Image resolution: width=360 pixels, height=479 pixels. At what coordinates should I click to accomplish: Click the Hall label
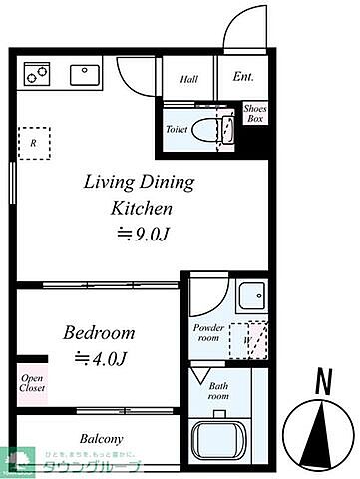pyautogui.click(x=189, y=79)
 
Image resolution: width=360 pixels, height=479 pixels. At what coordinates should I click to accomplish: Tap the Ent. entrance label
pyautogui.click(x=242, y=77)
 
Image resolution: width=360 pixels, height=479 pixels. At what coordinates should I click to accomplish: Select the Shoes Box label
pyautogui.click(x=255, y=114)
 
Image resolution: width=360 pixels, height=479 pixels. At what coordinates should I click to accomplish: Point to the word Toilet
pyautogui.click(x=178, y=129)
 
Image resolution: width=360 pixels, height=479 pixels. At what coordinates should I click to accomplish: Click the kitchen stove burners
pyautogui.click(x=38, y=73)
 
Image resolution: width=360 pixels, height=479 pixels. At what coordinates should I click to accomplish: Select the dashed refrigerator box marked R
pyautogui.click(x=35, y=142)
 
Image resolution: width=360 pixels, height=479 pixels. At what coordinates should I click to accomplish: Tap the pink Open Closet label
pyautogui.click(x=31, y=383)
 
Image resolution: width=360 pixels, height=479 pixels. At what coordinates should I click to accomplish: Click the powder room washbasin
pyautogui.click(x=250, y=298)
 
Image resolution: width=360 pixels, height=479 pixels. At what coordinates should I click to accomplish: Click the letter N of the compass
pyautogui.click(x=321, y=379)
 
